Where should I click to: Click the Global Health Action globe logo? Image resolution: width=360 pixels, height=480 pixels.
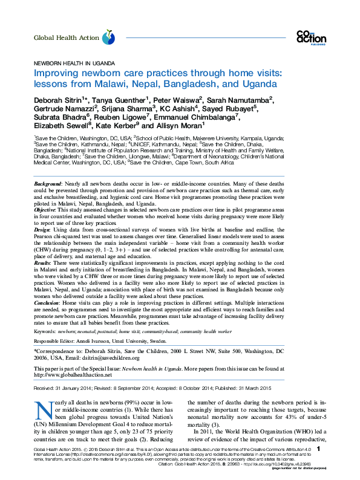(x=108, y=38)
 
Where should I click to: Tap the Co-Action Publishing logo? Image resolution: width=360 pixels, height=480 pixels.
(x=311, y=36)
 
